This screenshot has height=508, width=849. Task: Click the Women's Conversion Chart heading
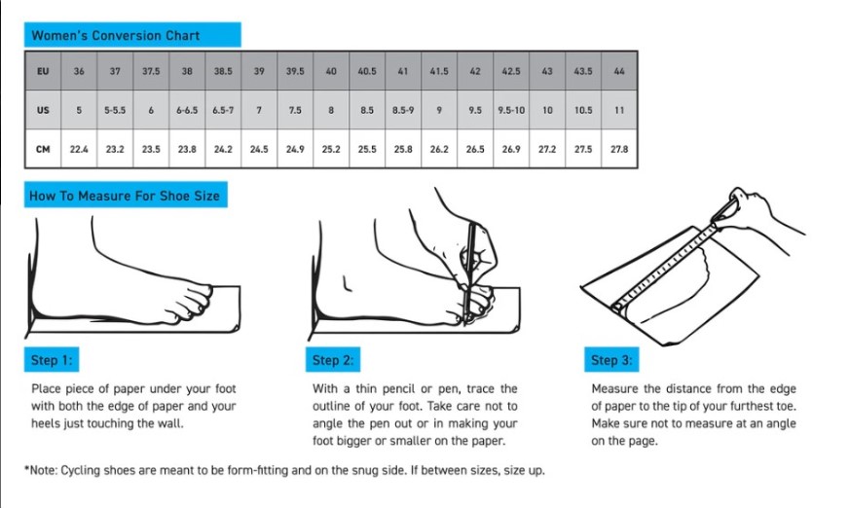116,36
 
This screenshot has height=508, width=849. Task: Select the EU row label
43,71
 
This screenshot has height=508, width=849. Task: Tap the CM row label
43,149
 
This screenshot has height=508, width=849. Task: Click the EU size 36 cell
79,71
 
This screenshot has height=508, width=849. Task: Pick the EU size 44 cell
619,71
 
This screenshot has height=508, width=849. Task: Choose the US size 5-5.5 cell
115,110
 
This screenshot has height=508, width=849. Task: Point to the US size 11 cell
619,110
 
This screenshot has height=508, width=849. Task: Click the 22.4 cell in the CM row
79,149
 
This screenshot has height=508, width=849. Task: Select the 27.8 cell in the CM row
619,149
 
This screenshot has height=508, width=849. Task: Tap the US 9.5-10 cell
511,110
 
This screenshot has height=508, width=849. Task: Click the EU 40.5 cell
367,71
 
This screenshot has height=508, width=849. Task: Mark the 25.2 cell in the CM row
331,149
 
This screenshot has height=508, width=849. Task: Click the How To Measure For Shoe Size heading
125,196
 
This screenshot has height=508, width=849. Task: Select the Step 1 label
52,360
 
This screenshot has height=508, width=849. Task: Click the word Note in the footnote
43,471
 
